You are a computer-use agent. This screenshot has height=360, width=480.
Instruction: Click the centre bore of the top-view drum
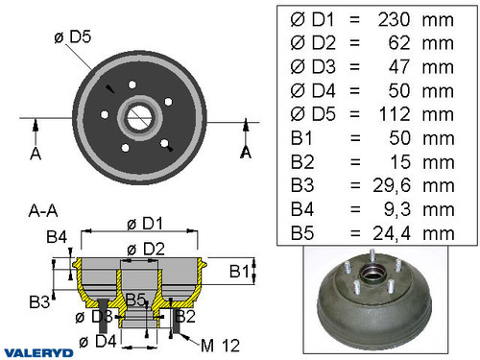139,119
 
